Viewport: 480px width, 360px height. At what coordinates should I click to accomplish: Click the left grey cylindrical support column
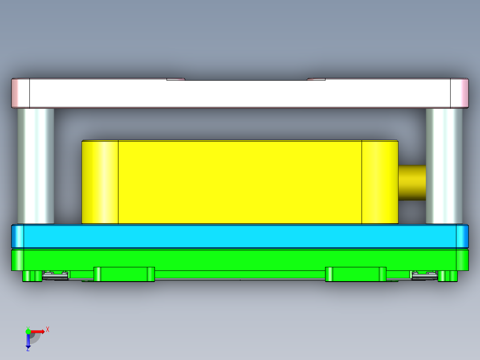coord(36,166)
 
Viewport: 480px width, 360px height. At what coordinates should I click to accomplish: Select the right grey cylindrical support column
coord(444,166)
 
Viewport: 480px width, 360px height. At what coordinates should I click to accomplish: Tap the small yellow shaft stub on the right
coord(411,183)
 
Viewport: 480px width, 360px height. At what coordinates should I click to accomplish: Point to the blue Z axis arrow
coord(28,341)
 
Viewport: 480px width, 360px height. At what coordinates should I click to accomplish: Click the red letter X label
coord(48,329)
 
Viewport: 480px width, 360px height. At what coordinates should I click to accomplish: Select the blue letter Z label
coord(28,350)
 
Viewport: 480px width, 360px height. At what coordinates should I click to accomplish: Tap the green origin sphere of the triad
coord(28,331)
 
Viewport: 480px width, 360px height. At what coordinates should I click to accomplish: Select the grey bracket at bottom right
coord(424,276)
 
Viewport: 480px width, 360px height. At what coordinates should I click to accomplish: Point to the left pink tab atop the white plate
coord(175,79)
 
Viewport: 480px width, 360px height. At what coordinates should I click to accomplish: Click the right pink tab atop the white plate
coord(316,79)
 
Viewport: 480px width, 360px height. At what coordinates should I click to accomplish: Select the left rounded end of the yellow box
coord(100,182)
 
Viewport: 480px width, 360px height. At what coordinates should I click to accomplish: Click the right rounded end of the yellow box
coord(380,182)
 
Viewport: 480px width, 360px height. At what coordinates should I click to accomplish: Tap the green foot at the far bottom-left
coord(32,276)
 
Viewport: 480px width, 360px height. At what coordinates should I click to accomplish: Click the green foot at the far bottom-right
coord(448,276)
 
